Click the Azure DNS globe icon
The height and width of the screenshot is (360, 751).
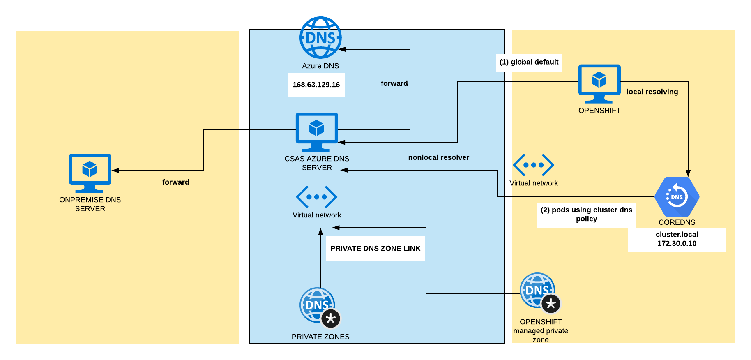pyautogui.click(x=320, y=38)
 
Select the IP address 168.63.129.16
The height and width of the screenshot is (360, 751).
pyautogui.click(x=316, y=85)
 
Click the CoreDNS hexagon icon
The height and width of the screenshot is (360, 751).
pyautogui.click(x=677, y=197)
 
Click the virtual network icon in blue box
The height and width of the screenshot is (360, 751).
pyautogui.click(x=317, y=197)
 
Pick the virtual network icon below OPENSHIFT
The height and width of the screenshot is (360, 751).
pyautogui.click(x=533, y=165)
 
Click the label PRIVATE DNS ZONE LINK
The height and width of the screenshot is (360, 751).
pyautogui.click(x=375, y=248)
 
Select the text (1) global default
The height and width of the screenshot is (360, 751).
pyautogui.click(x=529, y=62)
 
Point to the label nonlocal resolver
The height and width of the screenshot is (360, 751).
pyautogui.click(x=438, y=157)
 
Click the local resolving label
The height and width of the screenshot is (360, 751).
pyautogui.click(x=652, y=92)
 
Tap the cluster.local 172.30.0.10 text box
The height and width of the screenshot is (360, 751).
pyautogui.click(x=677, y=239)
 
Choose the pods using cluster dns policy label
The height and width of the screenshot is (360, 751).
pyautogui.click(x=586, y=214)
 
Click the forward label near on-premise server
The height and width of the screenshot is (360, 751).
pyautogui.click(x=175, y=182)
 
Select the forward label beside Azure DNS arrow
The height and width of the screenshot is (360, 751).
pyautogui.click(x=394, y=83)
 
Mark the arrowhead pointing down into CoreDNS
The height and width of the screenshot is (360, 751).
pyautogui.click(x=688, y=173)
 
